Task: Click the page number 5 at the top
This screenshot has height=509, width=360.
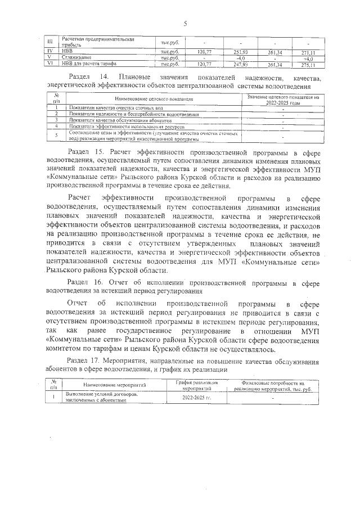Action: pyautogui.click(x=185, y=23)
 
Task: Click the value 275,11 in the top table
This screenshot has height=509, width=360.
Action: pyautogui.click(x=308, y=65)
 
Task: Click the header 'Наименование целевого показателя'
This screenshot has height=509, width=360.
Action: pyautogui.click(x=154, y=98)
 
